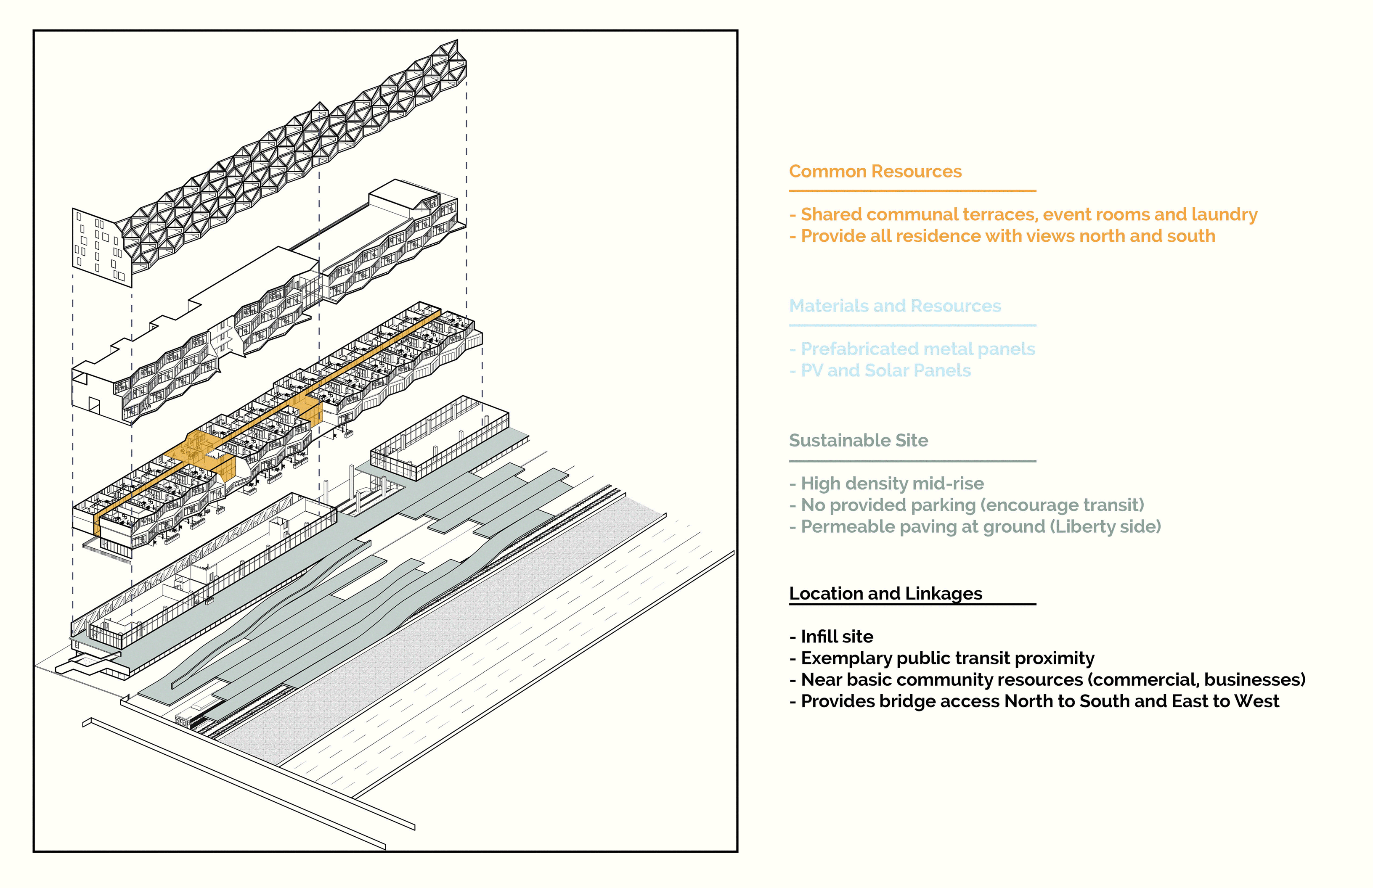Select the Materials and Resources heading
[x=895, y=306]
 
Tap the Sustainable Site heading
[x=859, y=441]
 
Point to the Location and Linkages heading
[x=885, y=593]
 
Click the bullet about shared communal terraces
[x=1023, y=214]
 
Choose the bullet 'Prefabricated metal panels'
[x=912, y=349]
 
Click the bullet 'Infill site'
[x=831, y=637]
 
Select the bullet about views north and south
[x=1002, y=236]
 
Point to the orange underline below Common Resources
[x=913, y=191]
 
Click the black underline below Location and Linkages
[x=913, y=604]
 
